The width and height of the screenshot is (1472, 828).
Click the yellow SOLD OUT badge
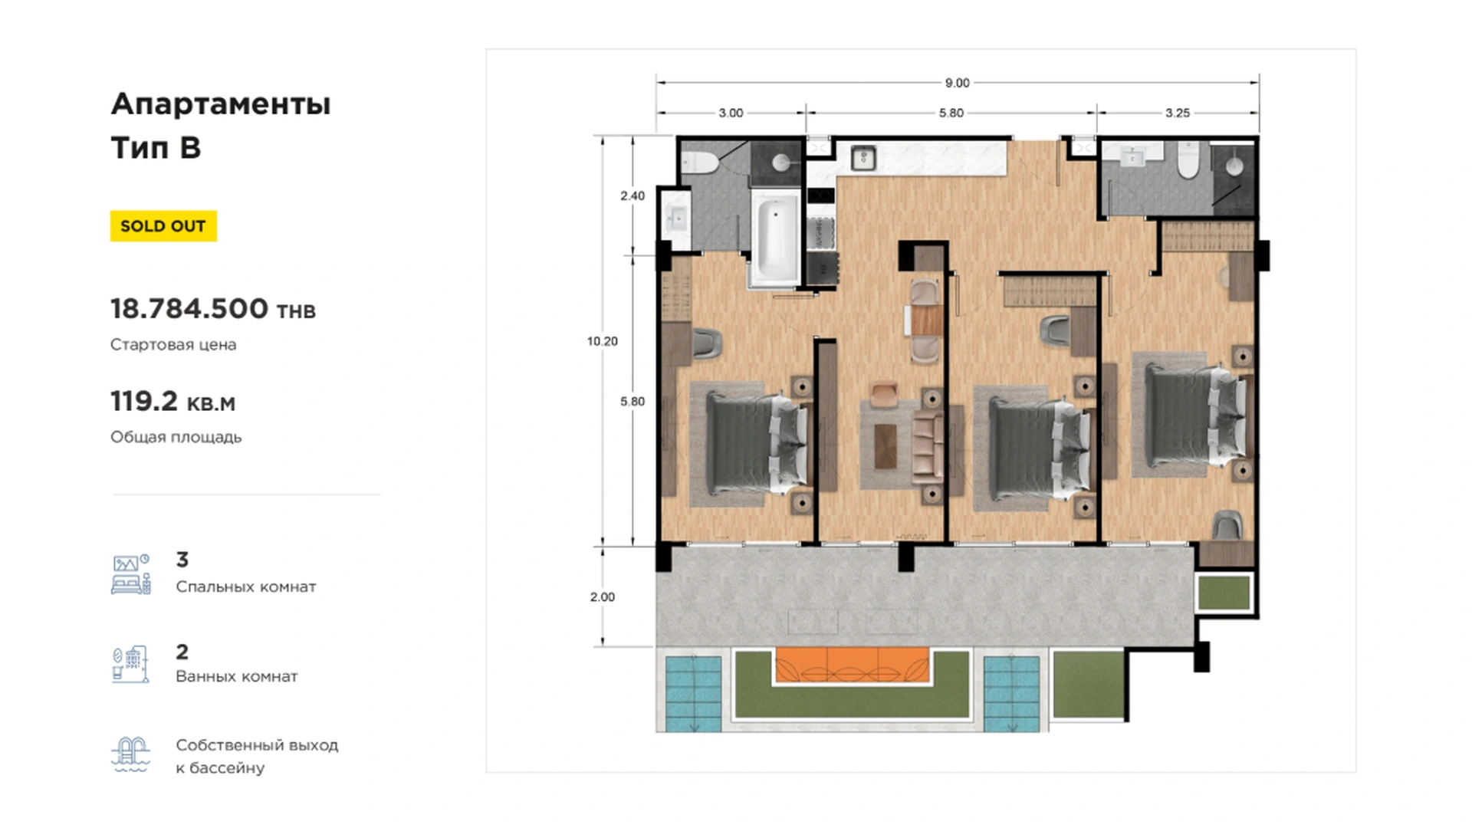click(x=163, y=226)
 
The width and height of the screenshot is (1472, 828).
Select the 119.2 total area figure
click(x=144, y=401)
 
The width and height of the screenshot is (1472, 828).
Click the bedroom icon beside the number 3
click(x=131, y=574)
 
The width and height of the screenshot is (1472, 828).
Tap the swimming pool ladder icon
click(x=130, y=755)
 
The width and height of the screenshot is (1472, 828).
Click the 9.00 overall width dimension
click(x=957, y=83)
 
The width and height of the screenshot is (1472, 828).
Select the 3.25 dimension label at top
click(x=1177, y=113)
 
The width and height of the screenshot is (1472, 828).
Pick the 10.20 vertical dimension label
click(x=603, y=341)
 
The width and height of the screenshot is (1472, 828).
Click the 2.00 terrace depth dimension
click(x=603, y=596)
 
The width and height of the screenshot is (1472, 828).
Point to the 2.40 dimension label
click(x=632, y=195)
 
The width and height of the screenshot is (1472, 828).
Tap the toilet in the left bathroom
click(x=700, y=162)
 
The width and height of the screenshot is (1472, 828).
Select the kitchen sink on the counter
click(x=864, y=158)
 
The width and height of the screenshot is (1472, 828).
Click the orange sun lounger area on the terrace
click(x=852, y=665)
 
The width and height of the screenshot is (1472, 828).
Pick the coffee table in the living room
click(x=886, y=445)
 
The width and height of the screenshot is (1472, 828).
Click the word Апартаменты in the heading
click(x=221, y=104)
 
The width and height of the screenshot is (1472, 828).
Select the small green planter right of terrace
click(x=1224, y=593)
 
